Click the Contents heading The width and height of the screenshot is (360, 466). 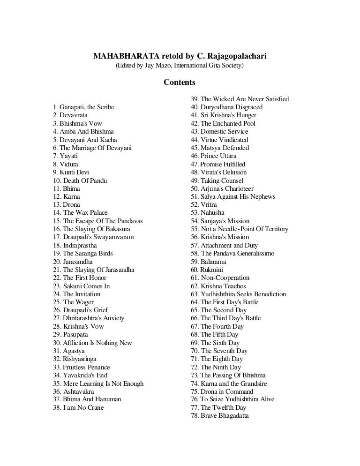tap(180, 83)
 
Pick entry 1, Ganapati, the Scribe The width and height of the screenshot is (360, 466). tap(83, 107)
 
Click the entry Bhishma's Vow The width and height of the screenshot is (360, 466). tap(77, 124)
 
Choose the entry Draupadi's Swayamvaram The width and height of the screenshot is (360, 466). tap(93, 237)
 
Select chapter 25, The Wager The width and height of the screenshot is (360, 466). tap(74, 302)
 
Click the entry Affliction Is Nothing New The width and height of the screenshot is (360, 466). tap(93, 343)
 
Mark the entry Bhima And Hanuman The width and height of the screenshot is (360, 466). tap(87, 399)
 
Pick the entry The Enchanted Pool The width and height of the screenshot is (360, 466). tap(223, 124)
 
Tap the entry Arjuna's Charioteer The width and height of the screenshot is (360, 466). tap(223, 188)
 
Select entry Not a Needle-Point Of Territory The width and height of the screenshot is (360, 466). tap(239, 229)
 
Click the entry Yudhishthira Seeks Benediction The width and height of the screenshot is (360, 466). tap(238, 294)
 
